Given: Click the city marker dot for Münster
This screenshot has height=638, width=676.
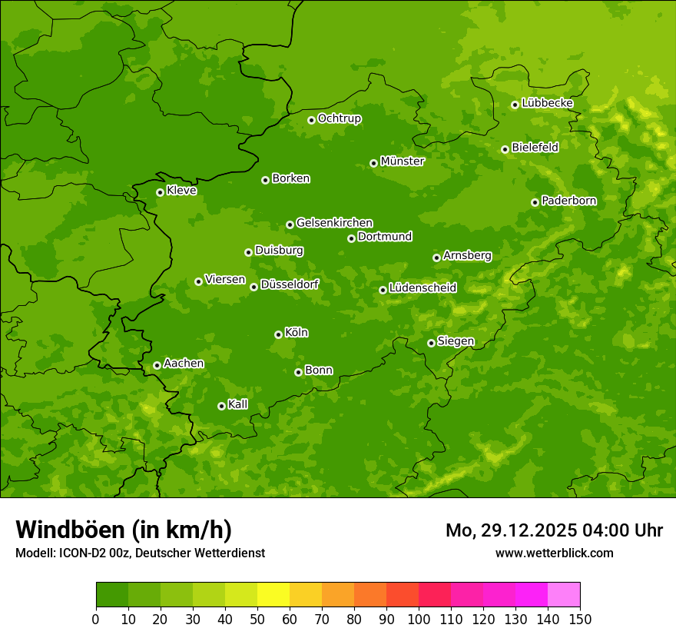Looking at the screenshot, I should tap(373, 163).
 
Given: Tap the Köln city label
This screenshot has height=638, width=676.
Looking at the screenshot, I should tap(297, 333).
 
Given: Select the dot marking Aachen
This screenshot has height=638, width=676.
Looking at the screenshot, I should tap(157, 365).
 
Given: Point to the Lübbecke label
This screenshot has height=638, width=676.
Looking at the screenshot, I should tap(547, 103).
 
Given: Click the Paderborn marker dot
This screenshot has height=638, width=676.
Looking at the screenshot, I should tap(535, 202).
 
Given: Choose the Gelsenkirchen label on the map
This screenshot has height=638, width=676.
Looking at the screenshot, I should tap(334, 223).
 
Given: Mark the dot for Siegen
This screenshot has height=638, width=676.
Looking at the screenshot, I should tap(431, 343).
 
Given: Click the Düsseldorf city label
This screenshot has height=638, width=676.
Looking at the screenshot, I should tap(290, 284).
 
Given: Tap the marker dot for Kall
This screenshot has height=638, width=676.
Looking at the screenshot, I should tap(221, 406).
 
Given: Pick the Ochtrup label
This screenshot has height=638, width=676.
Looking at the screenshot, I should tap(339, 118).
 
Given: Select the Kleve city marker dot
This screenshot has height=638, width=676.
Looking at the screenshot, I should tap(160, 192).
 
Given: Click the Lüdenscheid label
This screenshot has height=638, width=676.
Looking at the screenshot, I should tap(422, 288).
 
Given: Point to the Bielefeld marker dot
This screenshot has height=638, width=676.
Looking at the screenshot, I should tap(505, 149).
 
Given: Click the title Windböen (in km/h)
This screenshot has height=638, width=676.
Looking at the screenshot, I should tap(124, 530).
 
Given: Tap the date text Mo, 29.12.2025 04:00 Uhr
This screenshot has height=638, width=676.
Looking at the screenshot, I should tap(554, 530).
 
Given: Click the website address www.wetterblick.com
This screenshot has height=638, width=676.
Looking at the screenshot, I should tap(554, 553).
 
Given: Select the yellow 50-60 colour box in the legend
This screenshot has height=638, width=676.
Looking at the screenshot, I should tap(273, 595).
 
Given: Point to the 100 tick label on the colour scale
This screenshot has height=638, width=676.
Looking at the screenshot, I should tap(419, 619).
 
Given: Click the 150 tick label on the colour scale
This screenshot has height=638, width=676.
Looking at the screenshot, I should tap(580, 619).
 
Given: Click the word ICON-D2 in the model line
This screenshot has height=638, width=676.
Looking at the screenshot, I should tap(81, 553).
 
